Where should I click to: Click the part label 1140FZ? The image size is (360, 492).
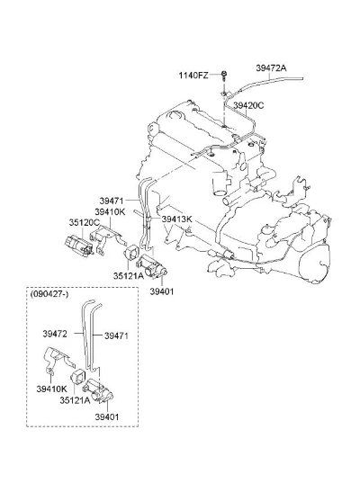click(x=193, y=76)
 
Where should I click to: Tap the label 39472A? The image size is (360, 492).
click(x=271, y=67)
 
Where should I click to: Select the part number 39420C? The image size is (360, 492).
click(x=248, y=105)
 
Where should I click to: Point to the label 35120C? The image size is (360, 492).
click(x=84, y=222)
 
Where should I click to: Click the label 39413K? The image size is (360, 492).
click(x=176, y=219)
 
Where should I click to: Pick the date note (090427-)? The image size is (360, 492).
click(x=49, y=294)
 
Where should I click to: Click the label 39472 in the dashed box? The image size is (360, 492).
click(x=55, y=334)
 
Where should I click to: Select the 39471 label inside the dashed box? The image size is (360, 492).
click(x=116, y=335)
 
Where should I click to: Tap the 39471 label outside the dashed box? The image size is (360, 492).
click(x=112, y=201)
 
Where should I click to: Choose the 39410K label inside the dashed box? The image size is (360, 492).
click(x=52, y=389)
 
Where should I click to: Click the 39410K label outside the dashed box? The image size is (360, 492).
click(x=110, y=211)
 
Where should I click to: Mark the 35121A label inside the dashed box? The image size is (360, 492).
click(x=75, y=400)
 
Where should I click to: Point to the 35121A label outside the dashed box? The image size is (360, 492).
click(x=129, y=276)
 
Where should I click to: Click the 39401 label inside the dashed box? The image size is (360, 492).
click(x=107, y=417)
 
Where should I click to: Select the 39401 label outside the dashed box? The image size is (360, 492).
click(x=162, y=291)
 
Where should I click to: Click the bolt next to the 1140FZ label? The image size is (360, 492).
click(x=223, y=76)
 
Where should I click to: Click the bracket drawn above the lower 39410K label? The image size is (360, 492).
click(x=58, y=360)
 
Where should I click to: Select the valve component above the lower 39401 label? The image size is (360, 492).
click(x=98, y=390)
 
